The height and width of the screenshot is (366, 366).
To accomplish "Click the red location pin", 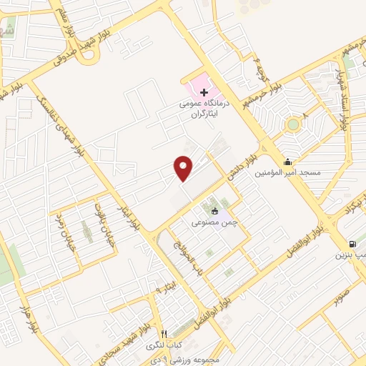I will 184,168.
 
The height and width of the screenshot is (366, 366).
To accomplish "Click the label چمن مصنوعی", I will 214,222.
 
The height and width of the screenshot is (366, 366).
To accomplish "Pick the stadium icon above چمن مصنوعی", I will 214,211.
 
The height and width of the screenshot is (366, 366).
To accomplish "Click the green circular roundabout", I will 292,125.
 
